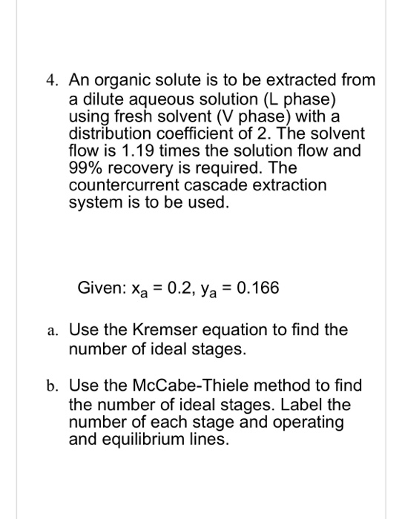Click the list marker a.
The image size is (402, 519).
(49, 331)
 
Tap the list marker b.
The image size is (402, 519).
(50, 386)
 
